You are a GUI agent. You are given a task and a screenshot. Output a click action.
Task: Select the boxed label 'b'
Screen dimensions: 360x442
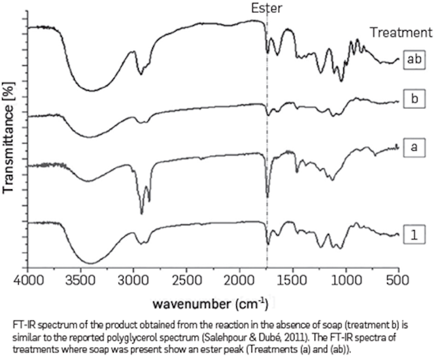pyautogui.click(x=413, y=100)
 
